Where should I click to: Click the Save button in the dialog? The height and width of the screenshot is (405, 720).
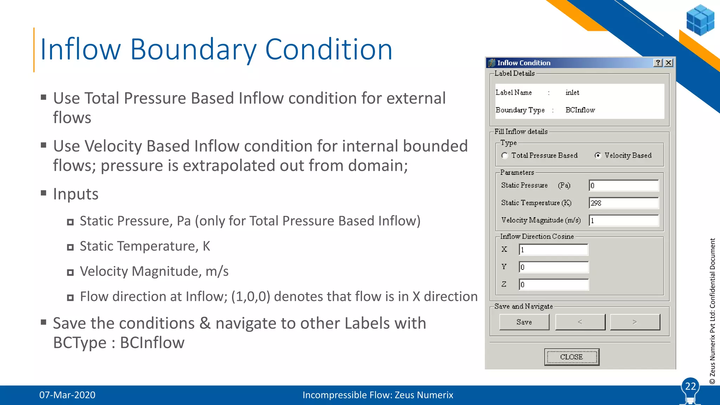tap(524, 322)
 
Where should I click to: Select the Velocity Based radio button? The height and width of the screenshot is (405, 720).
tap(598, 155)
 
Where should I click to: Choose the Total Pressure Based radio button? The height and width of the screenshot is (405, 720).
tap(505, 155)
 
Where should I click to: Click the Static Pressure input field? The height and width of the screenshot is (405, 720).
tap(623, 186)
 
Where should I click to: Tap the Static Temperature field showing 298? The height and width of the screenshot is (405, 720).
tap(623, 203)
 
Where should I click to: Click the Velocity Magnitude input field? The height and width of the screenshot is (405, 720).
tap(623, 220)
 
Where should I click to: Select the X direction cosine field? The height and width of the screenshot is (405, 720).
tap(553, 250)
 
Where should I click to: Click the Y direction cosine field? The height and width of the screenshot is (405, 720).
tap(553, 267)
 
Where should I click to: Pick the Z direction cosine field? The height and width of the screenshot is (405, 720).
tap(553, 284)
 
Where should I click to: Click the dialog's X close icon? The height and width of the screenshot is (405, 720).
tap(669, 63)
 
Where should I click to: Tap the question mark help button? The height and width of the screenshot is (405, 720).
tap(658, 63)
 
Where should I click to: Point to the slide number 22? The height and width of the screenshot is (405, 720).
tap(690, 386)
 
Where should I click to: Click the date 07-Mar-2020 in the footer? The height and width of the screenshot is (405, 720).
tap(67, 395)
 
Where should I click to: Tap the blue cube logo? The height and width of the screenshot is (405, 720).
tap(700, 20)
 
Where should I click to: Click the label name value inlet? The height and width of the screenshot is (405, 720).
tap(572, 92)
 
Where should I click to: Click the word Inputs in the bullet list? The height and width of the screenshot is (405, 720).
tap(76, 194)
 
